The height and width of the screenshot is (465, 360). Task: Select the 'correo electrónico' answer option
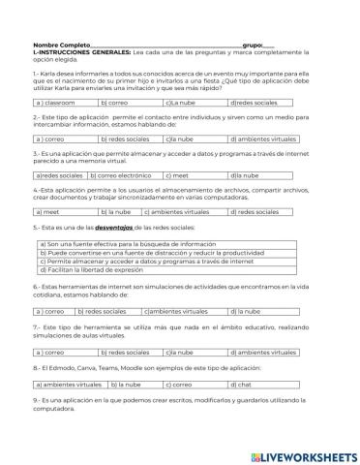(x=121, y=175)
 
